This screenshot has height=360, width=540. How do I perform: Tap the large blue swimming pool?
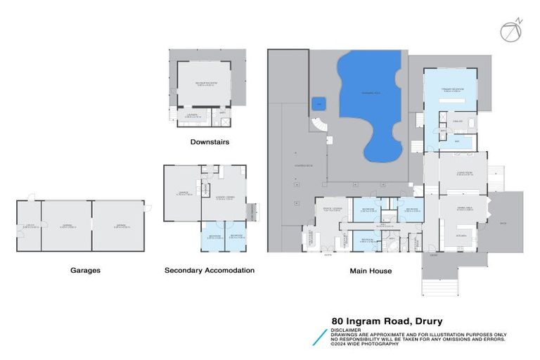370,98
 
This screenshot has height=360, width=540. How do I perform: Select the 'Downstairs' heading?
210,142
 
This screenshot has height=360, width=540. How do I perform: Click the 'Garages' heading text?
85,269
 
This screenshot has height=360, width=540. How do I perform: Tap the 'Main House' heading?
371,269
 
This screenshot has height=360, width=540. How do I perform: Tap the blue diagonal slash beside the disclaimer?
320,336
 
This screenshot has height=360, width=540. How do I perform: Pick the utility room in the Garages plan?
29,226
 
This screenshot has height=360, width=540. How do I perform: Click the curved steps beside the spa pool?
320,127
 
